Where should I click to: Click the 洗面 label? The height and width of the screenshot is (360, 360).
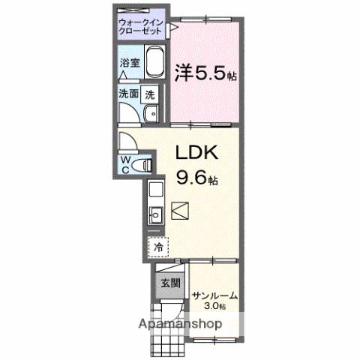pos(128,94)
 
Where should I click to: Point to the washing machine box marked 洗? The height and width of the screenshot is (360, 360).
pos(150,94)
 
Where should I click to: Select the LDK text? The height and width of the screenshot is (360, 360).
pos(196,152)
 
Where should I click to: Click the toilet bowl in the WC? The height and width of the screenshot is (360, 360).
pos(145,163)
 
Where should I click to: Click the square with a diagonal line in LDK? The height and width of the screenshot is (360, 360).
pos(181,211)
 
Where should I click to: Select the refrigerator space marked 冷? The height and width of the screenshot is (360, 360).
pos(158,246)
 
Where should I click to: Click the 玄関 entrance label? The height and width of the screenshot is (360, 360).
pos(169,283)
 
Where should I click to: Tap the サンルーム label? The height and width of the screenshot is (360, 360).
pos(214,295)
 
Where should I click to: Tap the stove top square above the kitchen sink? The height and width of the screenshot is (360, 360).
pos(155,189)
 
